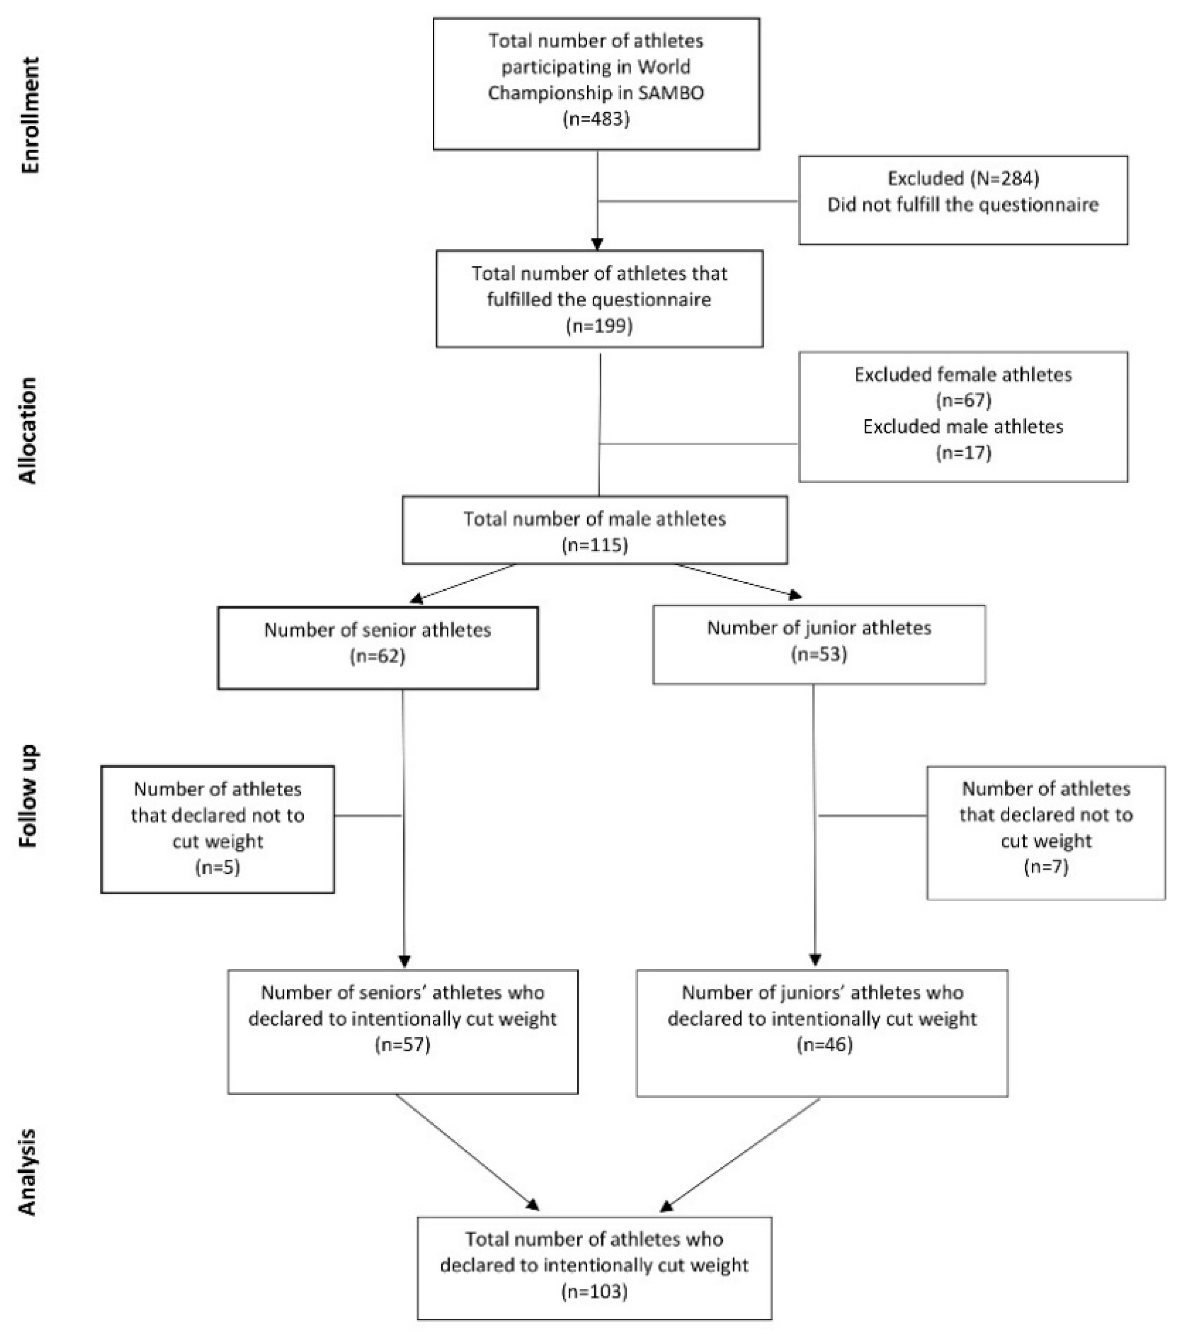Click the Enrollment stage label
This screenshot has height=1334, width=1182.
(x=31, y=115)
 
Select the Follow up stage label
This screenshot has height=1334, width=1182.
(x=28, y=796)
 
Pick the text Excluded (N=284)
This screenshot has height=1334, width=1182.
(x=963, y=178)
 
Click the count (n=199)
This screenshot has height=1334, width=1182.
(x=599, y=325)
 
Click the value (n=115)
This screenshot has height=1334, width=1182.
(x=595, y=545)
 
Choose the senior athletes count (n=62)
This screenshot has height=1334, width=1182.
(x=378, y=656)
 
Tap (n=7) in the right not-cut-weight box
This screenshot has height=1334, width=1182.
(x=1045, y=867)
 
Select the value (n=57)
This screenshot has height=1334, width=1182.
(x=403, y=1045)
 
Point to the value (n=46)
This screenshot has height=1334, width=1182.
(x=822, y=1045)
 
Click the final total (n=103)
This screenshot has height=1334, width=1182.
(x=594, y=1292)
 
